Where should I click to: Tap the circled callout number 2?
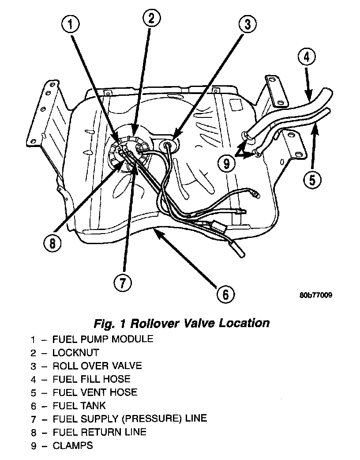coord(151,18)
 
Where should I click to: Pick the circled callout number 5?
coord(312,180)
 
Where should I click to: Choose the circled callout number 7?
coord(123,283)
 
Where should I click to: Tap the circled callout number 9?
coord(226,163)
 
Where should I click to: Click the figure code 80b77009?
coord(315,295)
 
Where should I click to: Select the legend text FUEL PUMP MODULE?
coord(103,339)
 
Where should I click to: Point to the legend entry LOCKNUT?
coord(75,353)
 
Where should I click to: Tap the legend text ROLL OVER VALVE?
coord(97,366)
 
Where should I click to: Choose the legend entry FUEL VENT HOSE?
coord(95,392)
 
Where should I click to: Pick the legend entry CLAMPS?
coord(73,445)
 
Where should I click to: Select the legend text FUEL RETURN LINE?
coord(99,432)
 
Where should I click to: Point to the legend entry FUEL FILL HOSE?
coord(91,379)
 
